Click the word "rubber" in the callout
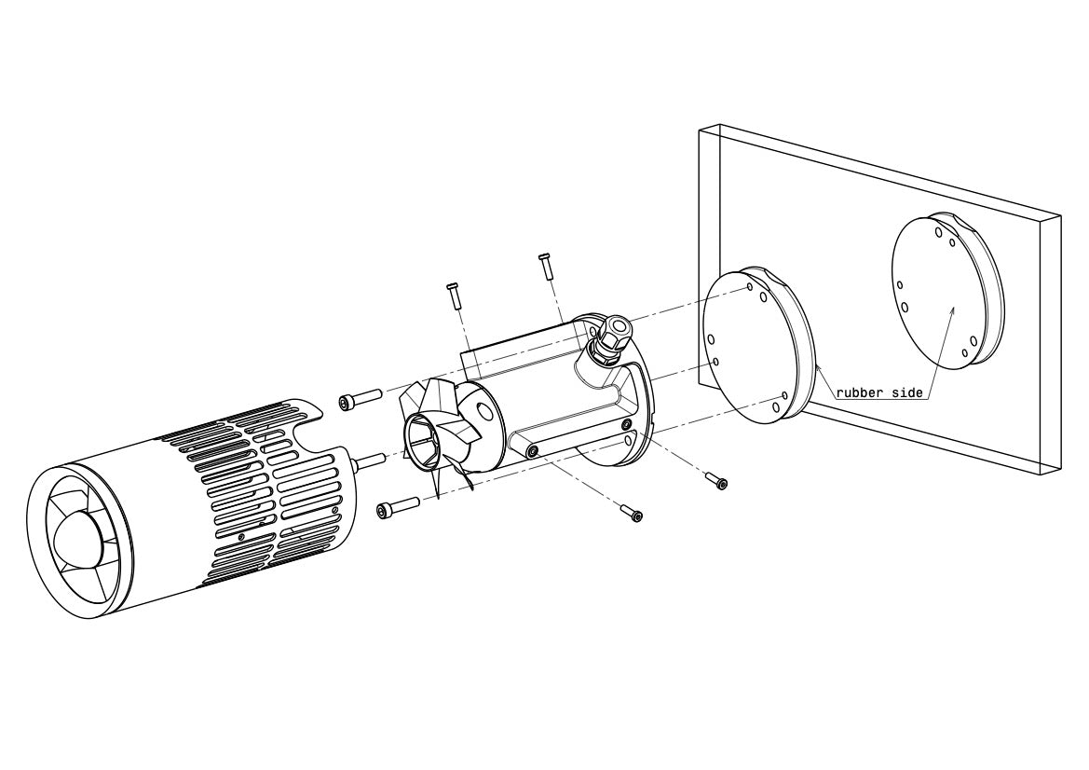coord(857,392)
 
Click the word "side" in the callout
coord(905,392)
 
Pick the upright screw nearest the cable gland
coord(545,264)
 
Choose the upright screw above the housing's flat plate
coord(455,296)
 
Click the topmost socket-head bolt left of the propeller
coord(359,399)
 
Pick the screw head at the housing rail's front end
coord(534,452)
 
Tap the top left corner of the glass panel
coord(700,130)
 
